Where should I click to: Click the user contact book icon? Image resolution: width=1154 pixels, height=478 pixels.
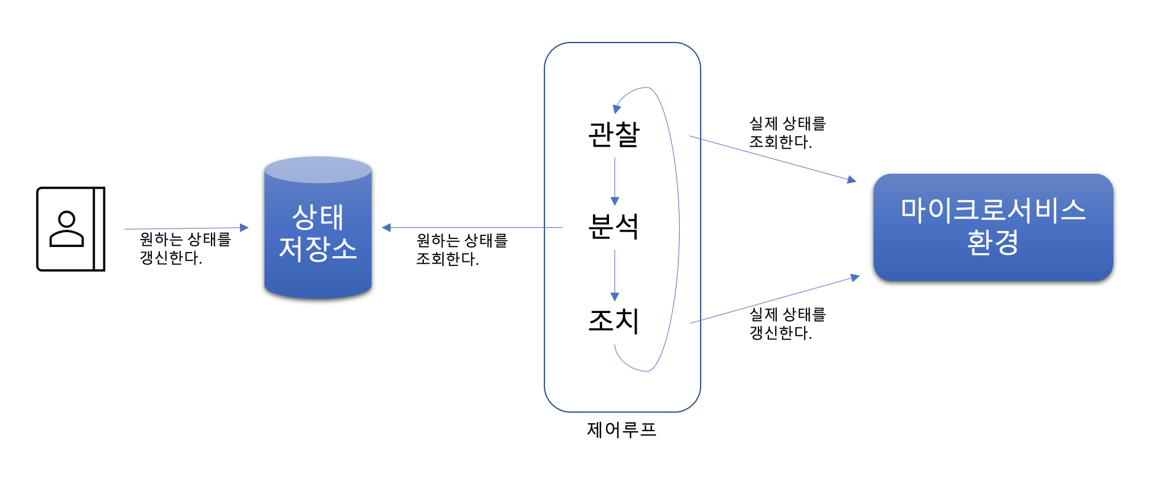[71, 229]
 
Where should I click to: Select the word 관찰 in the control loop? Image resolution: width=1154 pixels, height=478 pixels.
[614, 134]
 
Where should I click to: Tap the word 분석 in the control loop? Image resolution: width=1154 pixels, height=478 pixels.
[614, 227]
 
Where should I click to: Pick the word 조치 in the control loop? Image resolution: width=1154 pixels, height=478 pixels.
[614, 320]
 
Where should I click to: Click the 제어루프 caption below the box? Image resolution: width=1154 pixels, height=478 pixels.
[621, 429]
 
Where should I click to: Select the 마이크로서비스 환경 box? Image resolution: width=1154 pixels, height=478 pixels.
[993, 227]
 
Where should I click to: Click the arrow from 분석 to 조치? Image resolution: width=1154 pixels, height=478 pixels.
[615, 275]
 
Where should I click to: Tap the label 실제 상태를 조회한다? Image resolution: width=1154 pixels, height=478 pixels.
[787, 132]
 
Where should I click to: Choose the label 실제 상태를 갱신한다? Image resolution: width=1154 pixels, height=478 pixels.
[787, 323]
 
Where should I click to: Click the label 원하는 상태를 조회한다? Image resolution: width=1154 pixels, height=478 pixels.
[461, 249]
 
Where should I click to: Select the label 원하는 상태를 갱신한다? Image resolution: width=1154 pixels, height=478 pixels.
[185, 248]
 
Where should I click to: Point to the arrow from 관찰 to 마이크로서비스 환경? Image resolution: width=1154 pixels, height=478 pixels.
[772, 158]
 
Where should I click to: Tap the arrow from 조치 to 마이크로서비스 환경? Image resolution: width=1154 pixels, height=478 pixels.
[775, 300]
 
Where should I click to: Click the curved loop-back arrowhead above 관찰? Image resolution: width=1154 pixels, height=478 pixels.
[617, 108]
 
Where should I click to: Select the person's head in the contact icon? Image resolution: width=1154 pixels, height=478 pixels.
[66, 219]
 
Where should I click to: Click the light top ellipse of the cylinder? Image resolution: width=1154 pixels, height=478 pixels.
[317, 169]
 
